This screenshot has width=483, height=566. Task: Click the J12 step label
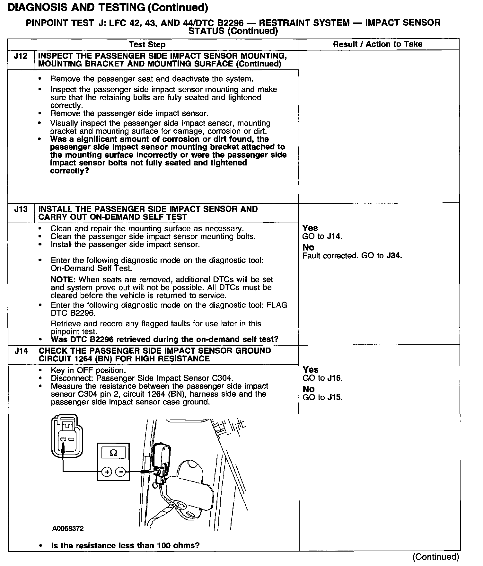(x=21, y=56)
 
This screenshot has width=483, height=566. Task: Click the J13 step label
(x=21, y=209)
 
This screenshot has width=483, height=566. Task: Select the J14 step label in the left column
(x=21, y=351)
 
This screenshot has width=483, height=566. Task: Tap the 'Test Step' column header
(x=147, y=45)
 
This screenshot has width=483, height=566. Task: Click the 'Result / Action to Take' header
(x=377, y=44)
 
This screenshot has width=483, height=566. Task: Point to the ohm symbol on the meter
(x=113, y=453)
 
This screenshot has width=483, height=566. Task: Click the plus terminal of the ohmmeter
(x=106, y=472)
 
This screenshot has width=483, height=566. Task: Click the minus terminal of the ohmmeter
(x=120, y=472)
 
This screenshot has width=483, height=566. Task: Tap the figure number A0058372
(x=68, y=528)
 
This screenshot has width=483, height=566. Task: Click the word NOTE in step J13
(x=63, y=280)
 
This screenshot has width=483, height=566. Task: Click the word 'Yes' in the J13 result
(x=310, y=228)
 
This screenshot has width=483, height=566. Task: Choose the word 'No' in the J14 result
(x=308, y=389)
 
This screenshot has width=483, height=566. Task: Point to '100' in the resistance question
(x=163, y=546)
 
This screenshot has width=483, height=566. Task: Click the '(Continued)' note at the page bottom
(x=436, y=557)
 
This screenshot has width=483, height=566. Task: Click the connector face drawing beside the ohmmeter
(x=67, y=436)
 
